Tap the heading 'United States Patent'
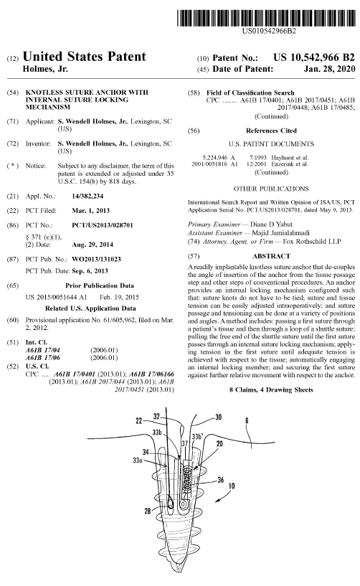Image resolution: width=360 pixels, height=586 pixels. pyautogui.click(x=85, y=57)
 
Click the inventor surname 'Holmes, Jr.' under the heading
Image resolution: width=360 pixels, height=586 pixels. pyautogui.click(x=47, y=69)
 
